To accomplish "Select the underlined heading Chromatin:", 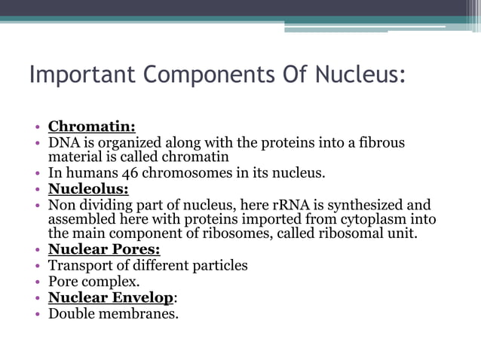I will (92, 127).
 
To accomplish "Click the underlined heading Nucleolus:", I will (88, 188).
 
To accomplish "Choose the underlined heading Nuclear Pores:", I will (104, 250).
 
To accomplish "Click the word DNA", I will (63, 142).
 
